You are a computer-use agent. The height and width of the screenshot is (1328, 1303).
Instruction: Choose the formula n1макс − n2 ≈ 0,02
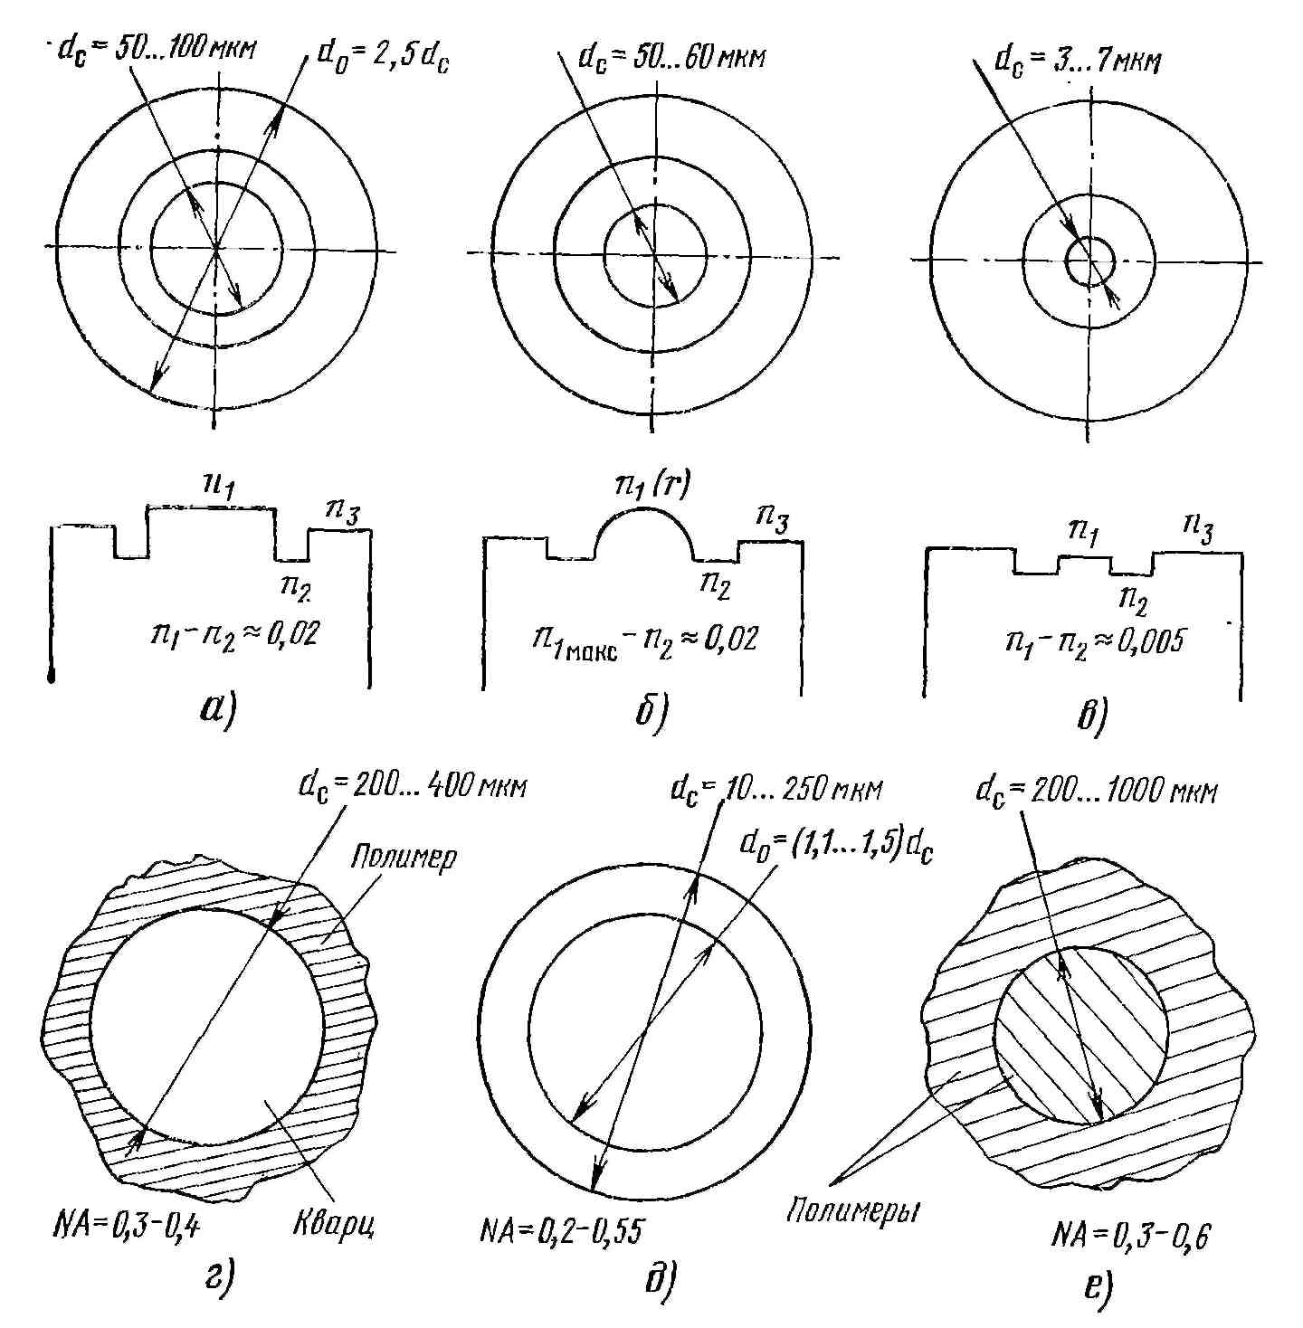(x=644, y=640)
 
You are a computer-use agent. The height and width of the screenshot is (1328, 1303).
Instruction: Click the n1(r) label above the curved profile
(x=651, y=487)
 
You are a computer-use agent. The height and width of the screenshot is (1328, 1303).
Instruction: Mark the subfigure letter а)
(x=218, y=710)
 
